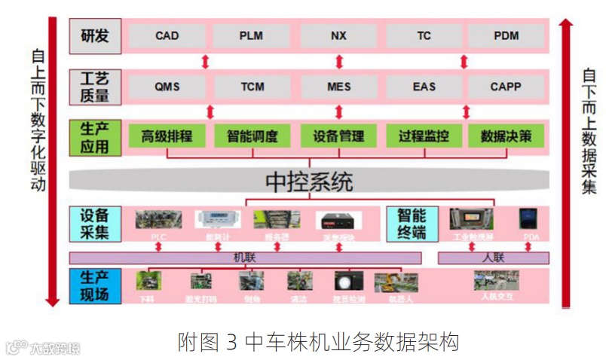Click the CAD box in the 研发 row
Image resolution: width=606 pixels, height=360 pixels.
coord(167,36)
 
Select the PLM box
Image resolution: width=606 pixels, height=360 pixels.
coord(252,36)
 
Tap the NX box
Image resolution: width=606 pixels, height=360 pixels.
coord(338,36)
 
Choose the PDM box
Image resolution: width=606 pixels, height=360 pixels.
coord(506,36)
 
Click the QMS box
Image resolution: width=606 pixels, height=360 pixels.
coord(167,87)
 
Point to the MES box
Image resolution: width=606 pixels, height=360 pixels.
coord(338,87)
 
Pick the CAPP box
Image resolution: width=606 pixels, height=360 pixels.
coord(506,87)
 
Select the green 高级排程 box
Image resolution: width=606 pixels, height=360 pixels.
coord(167,136)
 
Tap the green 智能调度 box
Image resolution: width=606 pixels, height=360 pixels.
coord(252,136)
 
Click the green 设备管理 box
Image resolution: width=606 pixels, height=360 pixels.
coord(338,136)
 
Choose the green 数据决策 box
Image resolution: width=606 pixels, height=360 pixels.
coord(506,136)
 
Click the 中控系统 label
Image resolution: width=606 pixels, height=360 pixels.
coord(309,182)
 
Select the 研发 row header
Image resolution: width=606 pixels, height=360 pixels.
coord(95,36)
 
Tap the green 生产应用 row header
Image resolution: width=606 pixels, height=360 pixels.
coord(95,137)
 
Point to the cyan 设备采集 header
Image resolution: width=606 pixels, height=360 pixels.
coord(95,224)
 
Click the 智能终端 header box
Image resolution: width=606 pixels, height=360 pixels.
coord(412,224)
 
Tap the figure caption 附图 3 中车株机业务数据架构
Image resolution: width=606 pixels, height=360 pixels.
coord(318,343)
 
